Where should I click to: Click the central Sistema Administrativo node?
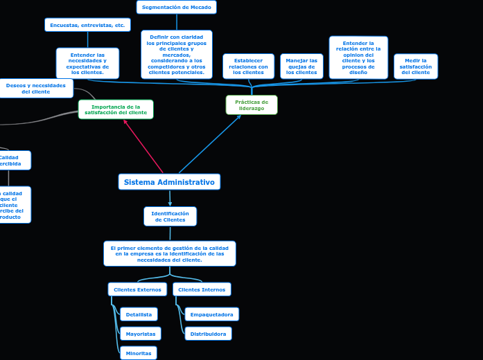(169, 182)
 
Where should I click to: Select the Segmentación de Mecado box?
(177, 7)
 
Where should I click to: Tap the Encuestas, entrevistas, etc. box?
(87, 25)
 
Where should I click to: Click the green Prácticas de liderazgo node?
(252, 105)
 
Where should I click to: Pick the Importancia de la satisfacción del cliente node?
(116, 109)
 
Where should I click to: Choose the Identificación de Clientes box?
(170, 217)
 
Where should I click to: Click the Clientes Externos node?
(137, 289)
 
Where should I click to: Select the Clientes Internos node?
(202, 289)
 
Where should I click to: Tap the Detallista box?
(139, 314)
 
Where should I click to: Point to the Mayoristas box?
(140, 334)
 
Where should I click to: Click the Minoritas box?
(139, 353)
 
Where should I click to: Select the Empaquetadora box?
(211, 314)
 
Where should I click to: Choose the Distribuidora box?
(208, 334)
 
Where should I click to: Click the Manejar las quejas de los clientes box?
(301, 66)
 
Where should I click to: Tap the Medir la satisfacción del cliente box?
(416, 66)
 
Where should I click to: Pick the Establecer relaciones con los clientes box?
(248, 66)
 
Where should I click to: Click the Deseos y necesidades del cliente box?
(36, 89)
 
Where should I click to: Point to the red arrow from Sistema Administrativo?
(143, 146)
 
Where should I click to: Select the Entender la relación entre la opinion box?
(358, 57)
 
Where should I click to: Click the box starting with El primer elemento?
(170, 253)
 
